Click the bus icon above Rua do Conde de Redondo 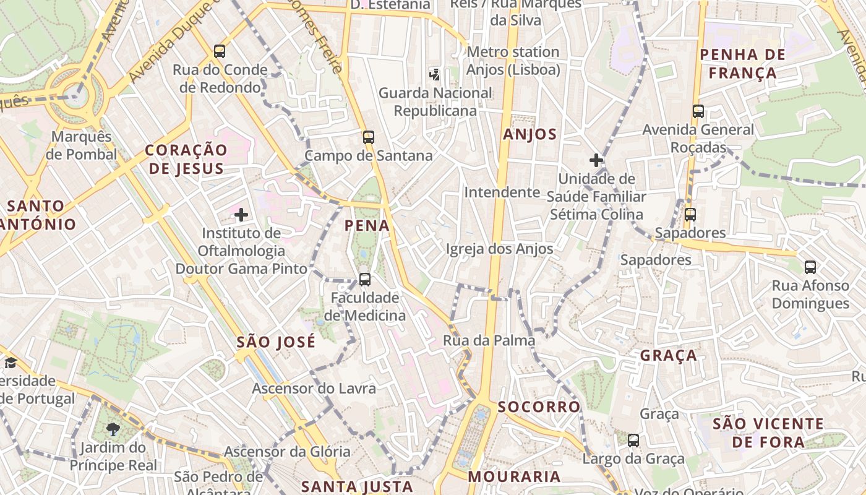[x=220, y=51]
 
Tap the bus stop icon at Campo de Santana [x=369, y=137]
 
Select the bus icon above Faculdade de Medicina [x=365, y=280]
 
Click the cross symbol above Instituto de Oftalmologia [x=241, y=215]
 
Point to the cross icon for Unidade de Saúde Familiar [x=596, y=160]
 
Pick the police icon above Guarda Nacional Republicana [x=435, y=75]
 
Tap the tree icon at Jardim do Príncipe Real [x=113, y=429]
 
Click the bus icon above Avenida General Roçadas [x=698, y=111]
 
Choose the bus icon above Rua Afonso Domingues [x=810, y=267]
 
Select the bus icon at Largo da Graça [x=633, y=441]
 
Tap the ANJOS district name [x=530, y=134]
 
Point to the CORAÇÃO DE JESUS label [x=186, y=159]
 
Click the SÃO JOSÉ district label [x=276, y=342]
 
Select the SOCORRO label [x=539, y=407]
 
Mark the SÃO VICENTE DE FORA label [x=768, y=433]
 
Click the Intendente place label [x=502, y=192]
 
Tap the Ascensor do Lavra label [x=314, y=389]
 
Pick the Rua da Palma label [x=489, y=340]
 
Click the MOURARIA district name [x=514, y=476]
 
